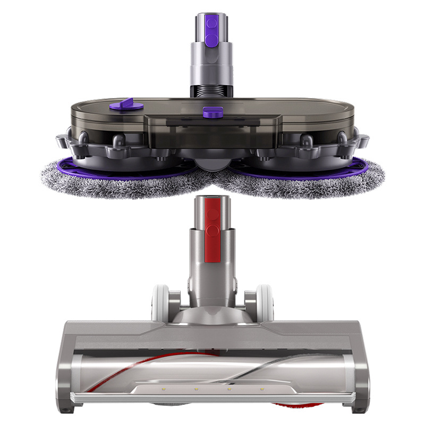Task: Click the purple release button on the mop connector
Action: point(212,23)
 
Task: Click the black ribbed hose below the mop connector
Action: point(212,90)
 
